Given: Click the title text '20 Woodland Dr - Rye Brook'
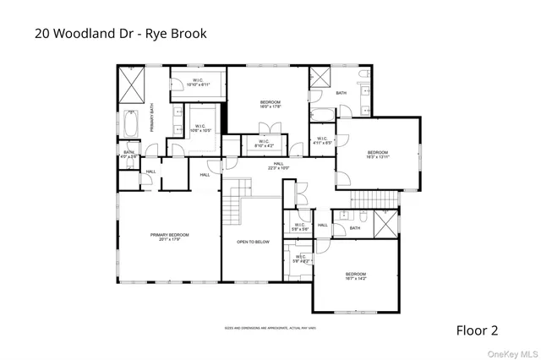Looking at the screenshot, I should click(x=119, y=34).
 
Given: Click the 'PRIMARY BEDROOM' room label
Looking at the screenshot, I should click(x=170, y=237).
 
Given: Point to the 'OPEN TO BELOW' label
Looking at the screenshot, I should click(x=253, y=242).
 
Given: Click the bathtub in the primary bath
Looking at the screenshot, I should click(x=130, y=124).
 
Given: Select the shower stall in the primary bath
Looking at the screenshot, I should click(x=131, y=85).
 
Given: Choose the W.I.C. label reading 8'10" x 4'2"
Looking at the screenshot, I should click(x=265, y=144).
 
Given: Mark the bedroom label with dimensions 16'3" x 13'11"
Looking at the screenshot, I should click(x=377, y=155).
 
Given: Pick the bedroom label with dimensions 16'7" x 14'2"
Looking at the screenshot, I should click(x=356, y=275).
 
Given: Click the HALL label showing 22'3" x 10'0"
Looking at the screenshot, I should click(x=278, y=166).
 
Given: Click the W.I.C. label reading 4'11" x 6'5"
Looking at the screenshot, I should click(x=322, y=141).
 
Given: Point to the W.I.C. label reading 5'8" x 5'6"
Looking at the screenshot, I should click(x=299, y=226).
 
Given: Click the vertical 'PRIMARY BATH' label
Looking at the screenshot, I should click(x=153, y=117).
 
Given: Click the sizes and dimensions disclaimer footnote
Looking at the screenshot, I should click(x=270, y=328).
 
